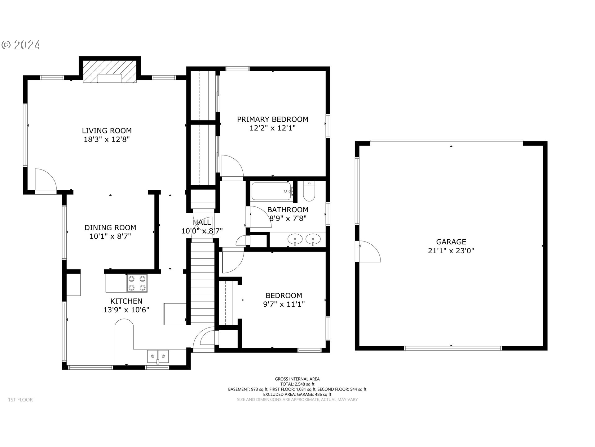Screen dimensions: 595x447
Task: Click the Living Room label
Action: point(107,131)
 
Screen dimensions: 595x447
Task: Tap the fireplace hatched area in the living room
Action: point(110,71)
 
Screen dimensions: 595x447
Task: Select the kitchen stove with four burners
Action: point(137,283)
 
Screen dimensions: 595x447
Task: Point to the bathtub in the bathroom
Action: point(271,191)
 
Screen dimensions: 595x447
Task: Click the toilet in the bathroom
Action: point(309,192)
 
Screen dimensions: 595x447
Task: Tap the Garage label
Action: point(451,242)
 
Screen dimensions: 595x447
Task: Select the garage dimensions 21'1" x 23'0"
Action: point(451,251)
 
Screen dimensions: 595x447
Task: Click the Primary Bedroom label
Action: point(273,120)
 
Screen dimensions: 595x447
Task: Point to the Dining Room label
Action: point(110,228)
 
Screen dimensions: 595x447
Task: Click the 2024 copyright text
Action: point(21,45)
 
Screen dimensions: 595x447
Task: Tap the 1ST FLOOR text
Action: point(20,400)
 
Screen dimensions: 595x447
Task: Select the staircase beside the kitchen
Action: point(202,283)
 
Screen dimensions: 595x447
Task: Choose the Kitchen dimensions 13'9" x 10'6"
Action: point(126,310)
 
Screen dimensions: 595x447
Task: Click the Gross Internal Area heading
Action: point(297,379)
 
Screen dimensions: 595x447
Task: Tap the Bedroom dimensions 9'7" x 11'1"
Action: point(284,304)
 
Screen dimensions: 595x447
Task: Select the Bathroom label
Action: point(288,210)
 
